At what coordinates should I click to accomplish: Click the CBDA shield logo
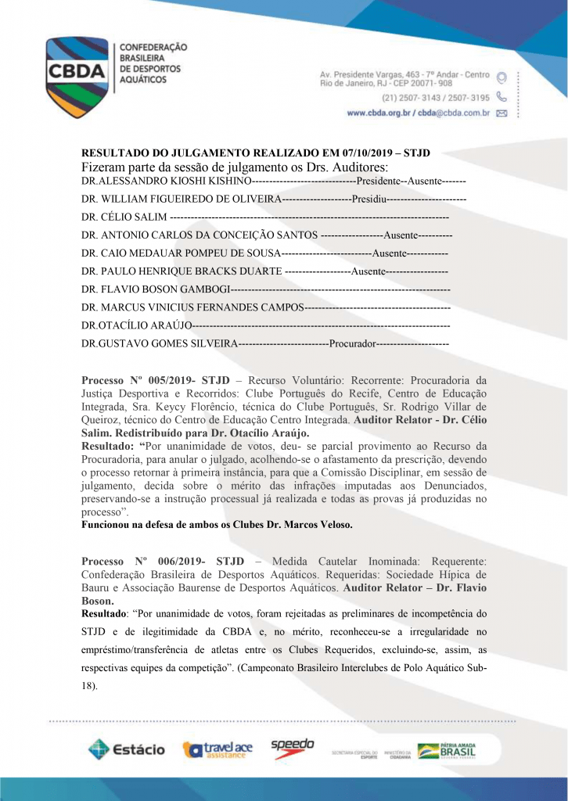point(76,72)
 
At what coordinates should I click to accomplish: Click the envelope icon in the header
point(501,113)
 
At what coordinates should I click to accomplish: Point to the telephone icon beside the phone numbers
point(501,98)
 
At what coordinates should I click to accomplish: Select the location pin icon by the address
point(501,77)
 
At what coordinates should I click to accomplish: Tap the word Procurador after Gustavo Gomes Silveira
point(354,343)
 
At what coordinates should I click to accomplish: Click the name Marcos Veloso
point(321,526)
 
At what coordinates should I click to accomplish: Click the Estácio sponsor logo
point(126,749)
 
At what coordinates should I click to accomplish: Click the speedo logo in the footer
point(293,747)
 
